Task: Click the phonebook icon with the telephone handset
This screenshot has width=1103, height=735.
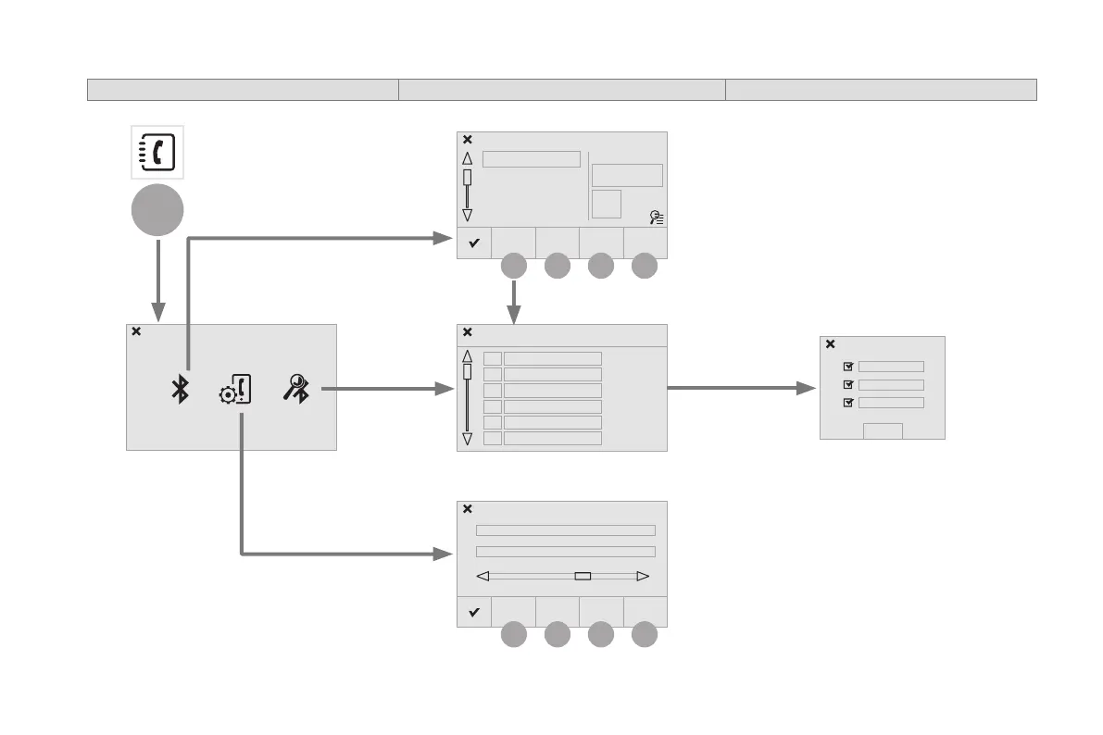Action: pyautogui.click(x=157, y=152)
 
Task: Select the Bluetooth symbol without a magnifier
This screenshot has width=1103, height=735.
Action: pyautogui.click(x=181, y=391)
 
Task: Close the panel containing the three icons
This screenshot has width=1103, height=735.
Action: pyautogui.click(x=136, y=331)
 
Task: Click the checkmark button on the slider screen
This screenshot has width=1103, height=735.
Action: pyautogui.click(x=473, y=612)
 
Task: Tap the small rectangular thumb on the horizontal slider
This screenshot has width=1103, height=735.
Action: pyautogui.click(x=583, y=576)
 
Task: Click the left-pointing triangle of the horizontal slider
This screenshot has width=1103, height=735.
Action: pyautogui.click(x=482, y=576)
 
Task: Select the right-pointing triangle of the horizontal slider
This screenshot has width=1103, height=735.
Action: pyautogui.click(x=644, y=576)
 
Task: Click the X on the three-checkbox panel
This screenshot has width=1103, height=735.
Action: pyautogui.click(x=830, y=343)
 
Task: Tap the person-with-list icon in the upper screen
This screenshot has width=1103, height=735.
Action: pyautogui.click(x=657, y=218)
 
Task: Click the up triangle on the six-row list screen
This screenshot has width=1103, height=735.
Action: pyautogui.click(x=467, y=355)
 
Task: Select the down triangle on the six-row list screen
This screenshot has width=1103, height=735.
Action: pyautogui.click(x=467, y=439)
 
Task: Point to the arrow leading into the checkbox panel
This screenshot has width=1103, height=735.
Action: pyautogui.click(x=802, y=389)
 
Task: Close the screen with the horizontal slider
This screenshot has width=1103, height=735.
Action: pyautogui.click(x=468, y=508)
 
